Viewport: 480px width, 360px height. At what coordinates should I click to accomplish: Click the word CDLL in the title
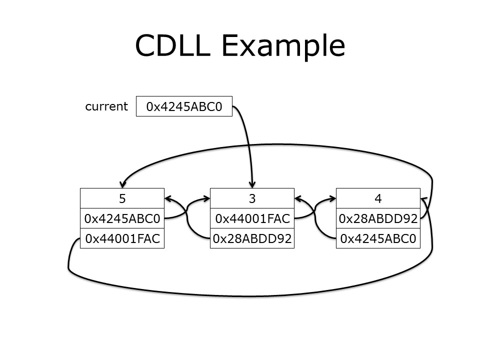(x=173, y=45)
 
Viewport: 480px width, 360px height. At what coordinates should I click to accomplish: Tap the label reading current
(x=106, y=106)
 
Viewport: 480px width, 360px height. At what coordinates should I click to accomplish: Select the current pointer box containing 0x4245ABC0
(x=184, y=106)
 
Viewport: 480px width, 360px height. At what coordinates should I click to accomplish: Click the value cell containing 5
(x=122, y=198)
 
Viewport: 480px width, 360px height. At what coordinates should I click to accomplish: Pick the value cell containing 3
(x=252, y=198)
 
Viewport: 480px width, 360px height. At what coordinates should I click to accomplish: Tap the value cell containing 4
(x=378, y=198)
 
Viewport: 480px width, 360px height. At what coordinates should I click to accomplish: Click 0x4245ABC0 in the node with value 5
(x=122, y=218)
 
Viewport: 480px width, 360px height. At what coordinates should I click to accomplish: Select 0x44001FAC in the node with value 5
(x=122, y=239)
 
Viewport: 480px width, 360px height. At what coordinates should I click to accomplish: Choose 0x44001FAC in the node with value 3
(x=252, y=218)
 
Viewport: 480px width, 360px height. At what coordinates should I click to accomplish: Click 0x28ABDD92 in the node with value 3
(x=252, y=239)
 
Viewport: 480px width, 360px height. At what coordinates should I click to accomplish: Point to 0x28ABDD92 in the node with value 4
(x=378, y=218)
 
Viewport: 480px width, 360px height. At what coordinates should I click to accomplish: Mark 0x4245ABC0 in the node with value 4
(x=378, y=239)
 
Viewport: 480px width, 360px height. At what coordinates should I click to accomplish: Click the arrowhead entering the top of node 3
(x=252, y=183)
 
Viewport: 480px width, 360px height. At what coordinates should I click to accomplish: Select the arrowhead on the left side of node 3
(x=206, y=198)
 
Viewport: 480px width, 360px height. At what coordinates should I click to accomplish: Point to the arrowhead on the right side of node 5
(x=168, y=198)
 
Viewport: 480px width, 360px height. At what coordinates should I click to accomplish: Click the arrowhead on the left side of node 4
(x=332, y=198)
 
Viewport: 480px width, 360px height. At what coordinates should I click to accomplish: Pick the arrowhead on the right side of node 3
(x=298, y=198)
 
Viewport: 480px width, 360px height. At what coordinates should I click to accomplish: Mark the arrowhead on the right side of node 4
(x=424, y=199)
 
